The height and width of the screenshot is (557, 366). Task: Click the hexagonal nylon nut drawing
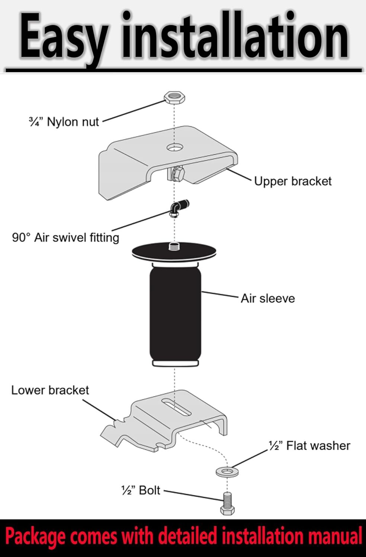coord(174,98)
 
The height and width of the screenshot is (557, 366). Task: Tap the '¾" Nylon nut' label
coord(64,122)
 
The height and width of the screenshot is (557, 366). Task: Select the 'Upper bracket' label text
coord(293,181)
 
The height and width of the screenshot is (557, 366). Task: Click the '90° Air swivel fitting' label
coord(65,238)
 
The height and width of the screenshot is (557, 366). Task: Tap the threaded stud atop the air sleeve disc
coord(174,247)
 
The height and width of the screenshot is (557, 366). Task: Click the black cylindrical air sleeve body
coord(175,315)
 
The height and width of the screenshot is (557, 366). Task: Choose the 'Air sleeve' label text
coord(267,299)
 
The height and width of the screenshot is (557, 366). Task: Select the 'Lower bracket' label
coord(50,390)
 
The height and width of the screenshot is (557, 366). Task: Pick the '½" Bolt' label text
coord(141,490)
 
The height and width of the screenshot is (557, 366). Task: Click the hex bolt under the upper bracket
coord(177,174)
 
